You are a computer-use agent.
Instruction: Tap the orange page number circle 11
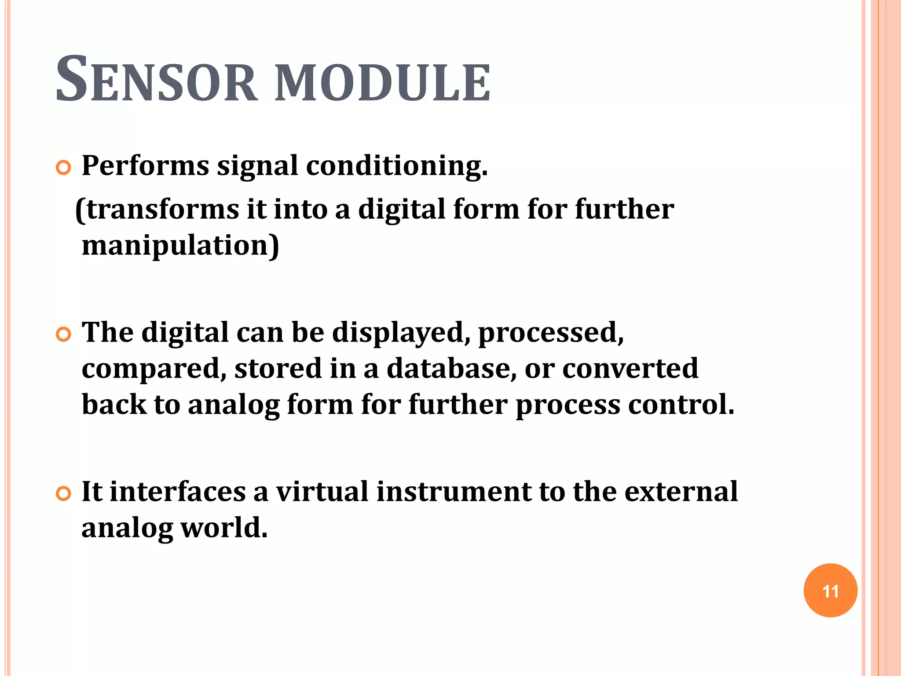pos(830,591)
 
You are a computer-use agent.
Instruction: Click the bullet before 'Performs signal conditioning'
pos(64,168)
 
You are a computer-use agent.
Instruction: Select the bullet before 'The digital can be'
pos(64,334)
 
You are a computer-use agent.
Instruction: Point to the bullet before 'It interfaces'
pos(64,494)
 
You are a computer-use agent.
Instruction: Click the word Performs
pos(145,166)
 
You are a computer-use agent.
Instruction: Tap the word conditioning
pos(396,167)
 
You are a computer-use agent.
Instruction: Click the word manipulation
pos(176,245)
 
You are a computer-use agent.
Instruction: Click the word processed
pos(550,332)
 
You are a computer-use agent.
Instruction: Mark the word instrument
pos(454,491)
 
